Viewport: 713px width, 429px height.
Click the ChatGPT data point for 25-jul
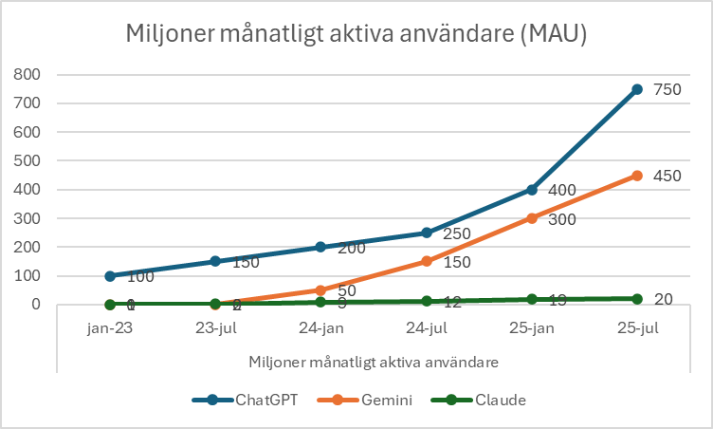[637, 89]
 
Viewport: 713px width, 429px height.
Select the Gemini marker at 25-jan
[532, 218]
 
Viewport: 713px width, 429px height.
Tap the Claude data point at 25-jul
[637, 299]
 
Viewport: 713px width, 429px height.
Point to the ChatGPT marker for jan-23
[110, 276]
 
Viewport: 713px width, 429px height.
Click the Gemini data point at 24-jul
[427, 261]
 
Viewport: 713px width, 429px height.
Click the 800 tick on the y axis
[27, 74]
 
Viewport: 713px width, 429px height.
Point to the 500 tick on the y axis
[27, 160]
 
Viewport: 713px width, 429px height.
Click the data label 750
[668, 89]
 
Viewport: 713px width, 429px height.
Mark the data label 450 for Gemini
[668, 176]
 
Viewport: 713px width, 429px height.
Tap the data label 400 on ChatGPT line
[563, 191]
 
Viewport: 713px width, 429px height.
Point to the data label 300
[563, 219]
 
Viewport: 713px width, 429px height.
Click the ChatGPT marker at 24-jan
[320, 247]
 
